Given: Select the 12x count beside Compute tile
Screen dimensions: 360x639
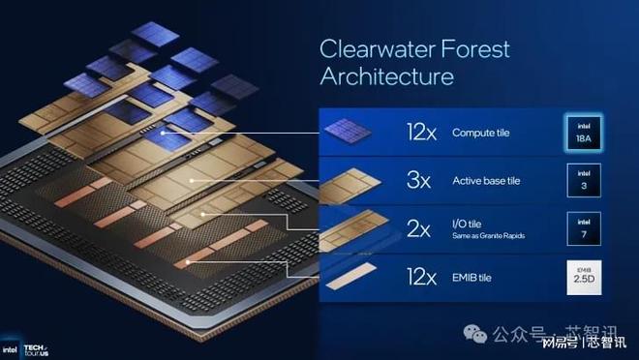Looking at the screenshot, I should (x=423, y=133).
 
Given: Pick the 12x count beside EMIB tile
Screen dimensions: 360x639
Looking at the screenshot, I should (x=423, y=277).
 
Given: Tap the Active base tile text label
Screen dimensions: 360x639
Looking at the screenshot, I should (x=490, y=180).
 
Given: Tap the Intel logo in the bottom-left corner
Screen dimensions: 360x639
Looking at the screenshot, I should (x=9, y=349).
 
